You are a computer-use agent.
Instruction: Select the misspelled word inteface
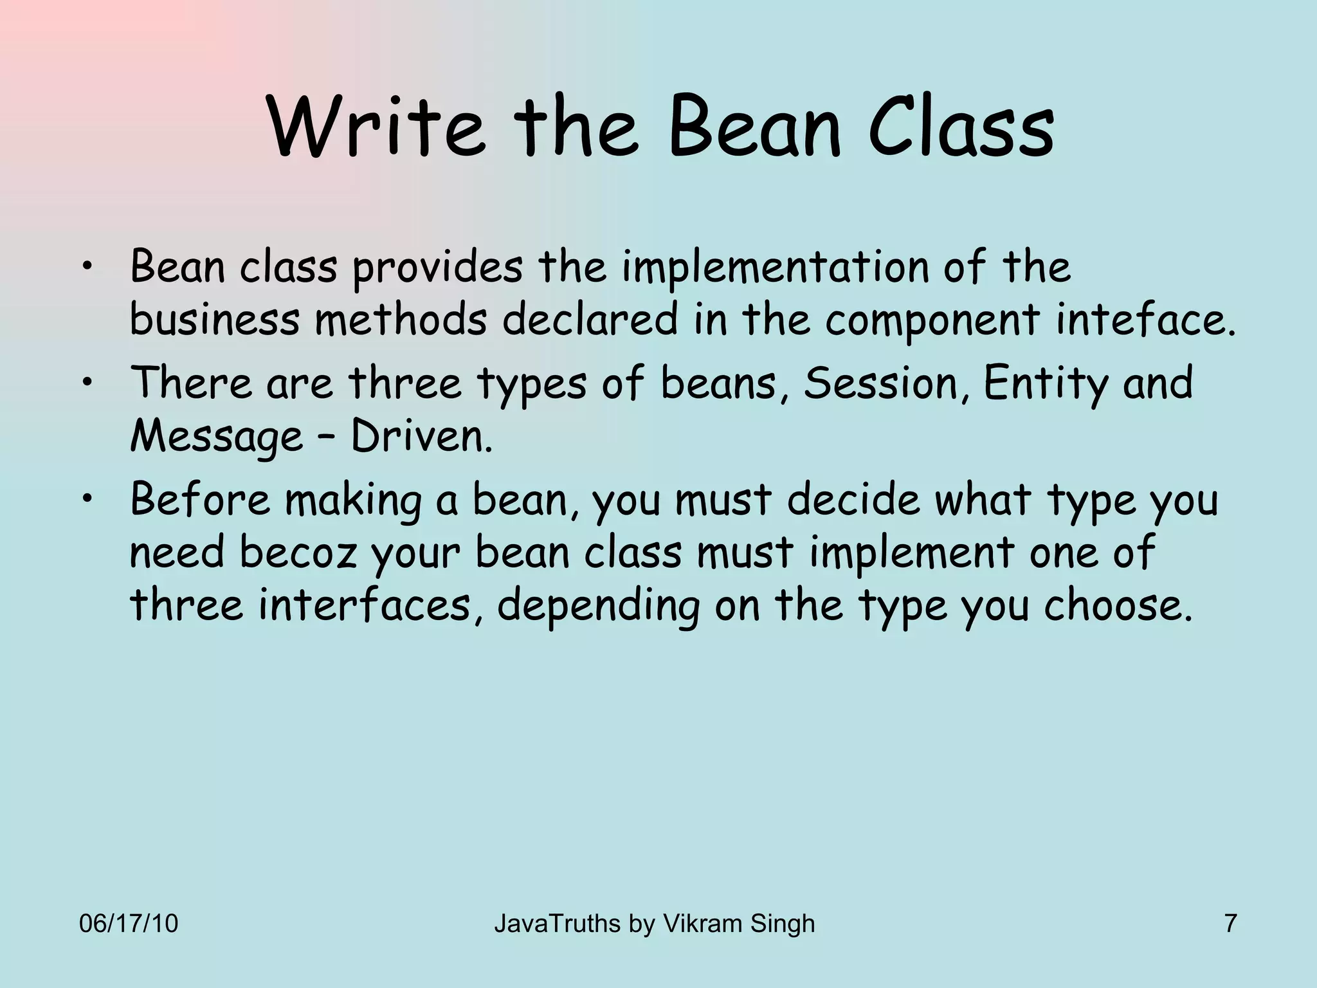coord(1145,320)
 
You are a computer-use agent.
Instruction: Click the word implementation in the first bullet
coord(775,267)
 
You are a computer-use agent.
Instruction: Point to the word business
coord(215,320)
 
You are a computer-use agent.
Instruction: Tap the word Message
coord(216,437)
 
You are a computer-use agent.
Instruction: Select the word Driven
coord(421,437)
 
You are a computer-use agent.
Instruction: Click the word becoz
coord(297,553)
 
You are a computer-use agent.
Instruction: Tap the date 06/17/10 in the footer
coord(129,924)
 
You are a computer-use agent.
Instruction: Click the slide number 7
coord(1230,924)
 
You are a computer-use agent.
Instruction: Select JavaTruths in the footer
coord(558,924)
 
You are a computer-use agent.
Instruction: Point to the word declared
coord(590,320)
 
